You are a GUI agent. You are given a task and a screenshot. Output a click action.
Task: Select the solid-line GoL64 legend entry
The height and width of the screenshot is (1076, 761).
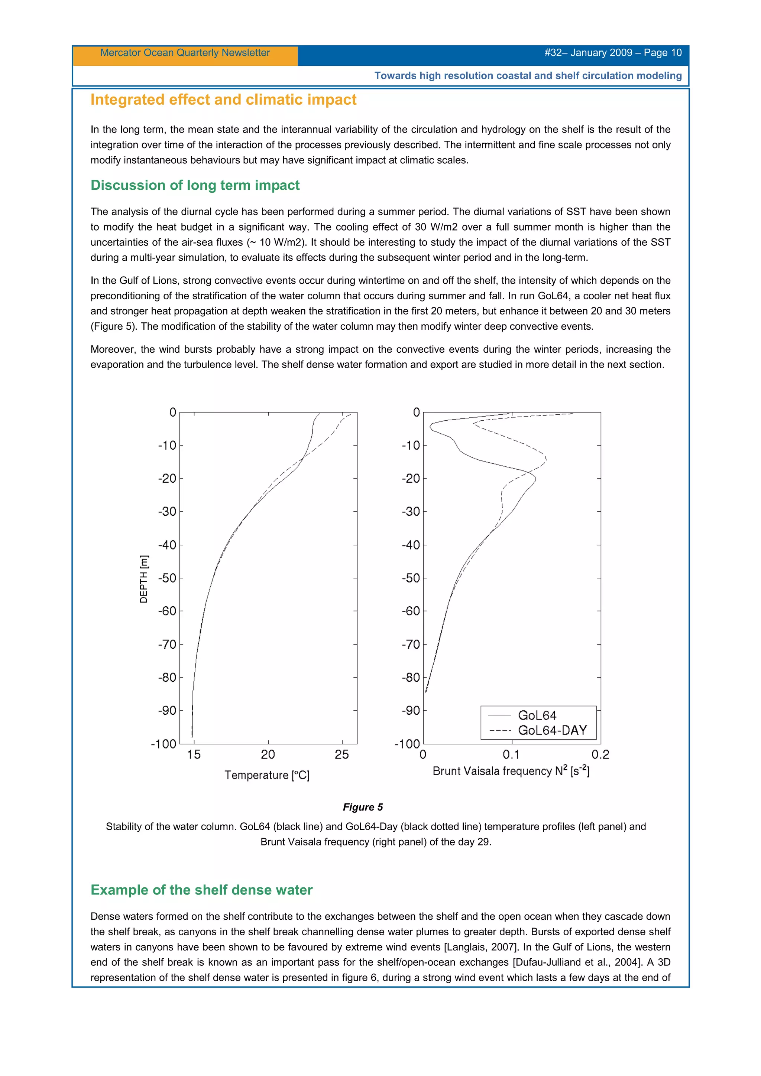coord(537,715)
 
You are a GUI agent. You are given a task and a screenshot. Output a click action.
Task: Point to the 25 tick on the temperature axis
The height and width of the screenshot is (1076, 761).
coord(342,754)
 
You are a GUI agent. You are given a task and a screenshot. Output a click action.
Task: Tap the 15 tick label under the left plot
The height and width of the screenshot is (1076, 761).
coord(194,754)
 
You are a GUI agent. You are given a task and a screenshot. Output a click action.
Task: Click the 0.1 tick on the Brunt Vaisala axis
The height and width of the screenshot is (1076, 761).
coord(511,754)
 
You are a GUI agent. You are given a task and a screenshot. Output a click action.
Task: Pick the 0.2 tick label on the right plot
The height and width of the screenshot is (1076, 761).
coord(600,754)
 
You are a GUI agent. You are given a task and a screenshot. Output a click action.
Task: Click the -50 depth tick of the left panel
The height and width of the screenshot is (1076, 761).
coord(167,578)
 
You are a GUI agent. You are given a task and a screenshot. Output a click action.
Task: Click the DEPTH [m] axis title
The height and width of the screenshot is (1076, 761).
coord(144,579)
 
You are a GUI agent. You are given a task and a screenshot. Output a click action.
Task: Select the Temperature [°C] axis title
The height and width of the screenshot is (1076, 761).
coord(267,775)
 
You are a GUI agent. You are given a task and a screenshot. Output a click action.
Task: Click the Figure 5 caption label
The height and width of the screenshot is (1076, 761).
coord(362,807)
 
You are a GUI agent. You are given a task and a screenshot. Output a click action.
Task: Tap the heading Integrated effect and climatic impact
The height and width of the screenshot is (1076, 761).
coord(223,100)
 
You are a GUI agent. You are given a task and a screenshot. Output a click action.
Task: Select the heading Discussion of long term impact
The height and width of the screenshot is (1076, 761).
coord(195,185)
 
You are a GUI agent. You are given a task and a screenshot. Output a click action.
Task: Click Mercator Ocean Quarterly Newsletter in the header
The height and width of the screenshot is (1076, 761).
coord(185,52)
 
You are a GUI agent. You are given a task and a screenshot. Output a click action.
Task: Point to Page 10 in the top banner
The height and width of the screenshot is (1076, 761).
coord(663,52)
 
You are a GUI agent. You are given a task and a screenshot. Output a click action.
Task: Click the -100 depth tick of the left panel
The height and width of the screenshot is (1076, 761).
coord(163,744)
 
